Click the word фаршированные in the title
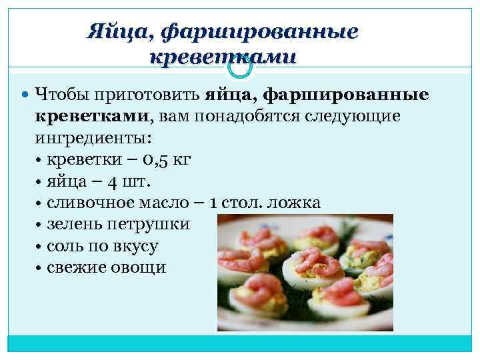click(261, 32)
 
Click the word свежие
click(76, 267)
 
